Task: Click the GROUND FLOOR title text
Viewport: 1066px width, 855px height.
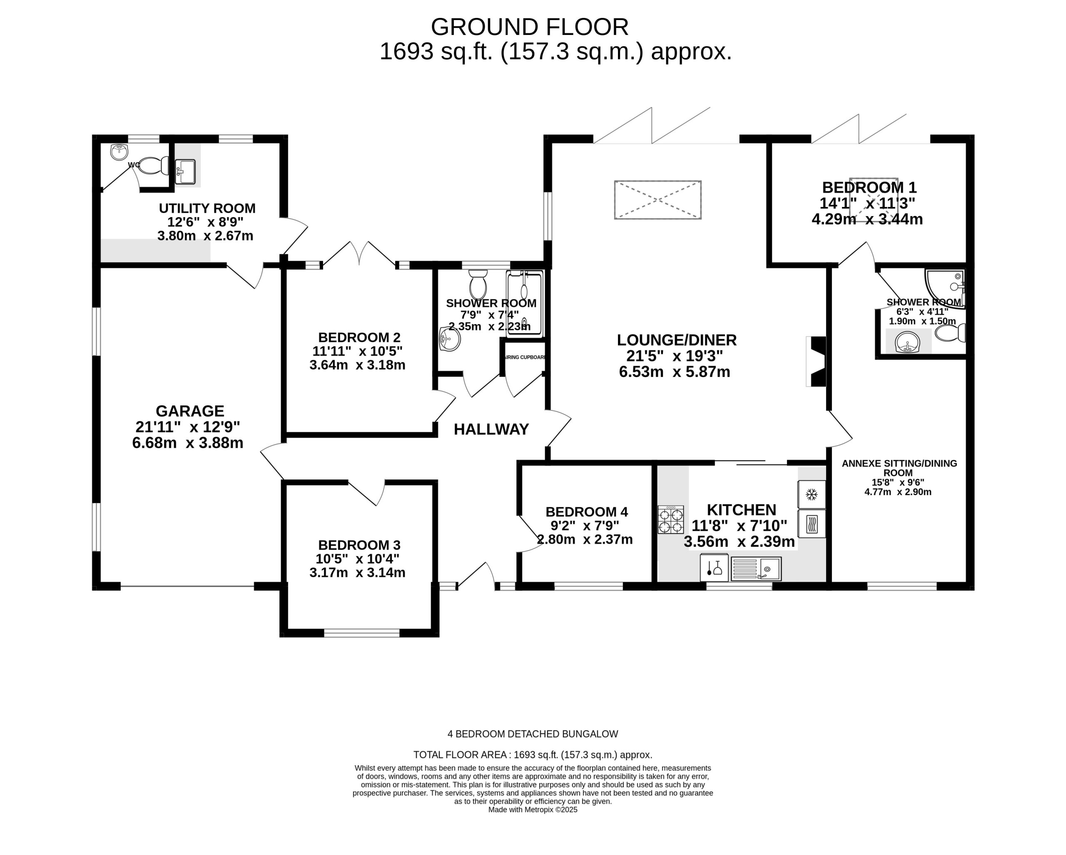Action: (530, 27)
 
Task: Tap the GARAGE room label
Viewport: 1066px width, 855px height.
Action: (190, 411)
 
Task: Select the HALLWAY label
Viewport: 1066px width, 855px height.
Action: (491, 429)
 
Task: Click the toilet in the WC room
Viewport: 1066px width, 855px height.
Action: (154, 166)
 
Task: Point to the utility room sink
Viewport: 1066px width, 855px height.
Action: (185, 172)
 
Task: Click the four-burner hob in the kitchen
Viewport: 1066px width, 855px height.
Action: (670, 520)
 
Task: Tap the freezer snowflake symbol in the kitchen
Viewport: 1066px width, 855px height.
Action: (811, 494)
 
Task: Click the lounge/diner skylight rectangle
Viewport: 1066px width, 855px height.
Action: (658, 200)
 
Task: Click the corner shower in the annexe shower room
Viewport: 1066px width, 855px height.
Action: (945, 289)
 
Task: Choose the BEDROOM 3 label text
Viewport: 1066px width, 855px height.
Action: (359, 545)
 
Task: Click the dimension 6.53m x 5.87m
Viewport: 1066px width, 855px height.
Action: (675, 371)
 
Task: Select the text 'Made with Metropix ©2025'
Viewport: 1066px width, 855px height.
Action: (533, 810)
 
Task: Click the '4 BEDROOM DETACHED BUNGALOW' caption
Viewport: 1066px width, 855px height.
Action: (533, 734)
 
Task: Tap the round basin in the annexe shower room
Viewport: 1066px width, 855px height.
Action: (907, 342)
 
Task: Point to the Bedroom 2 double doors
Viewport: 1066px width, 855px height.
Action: (359, 255)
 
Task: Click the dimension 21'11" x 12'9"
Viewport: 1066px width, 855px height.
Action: (187, 427)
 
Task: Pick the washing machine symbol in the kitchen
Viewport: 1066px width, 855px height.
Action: (811, 523)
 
